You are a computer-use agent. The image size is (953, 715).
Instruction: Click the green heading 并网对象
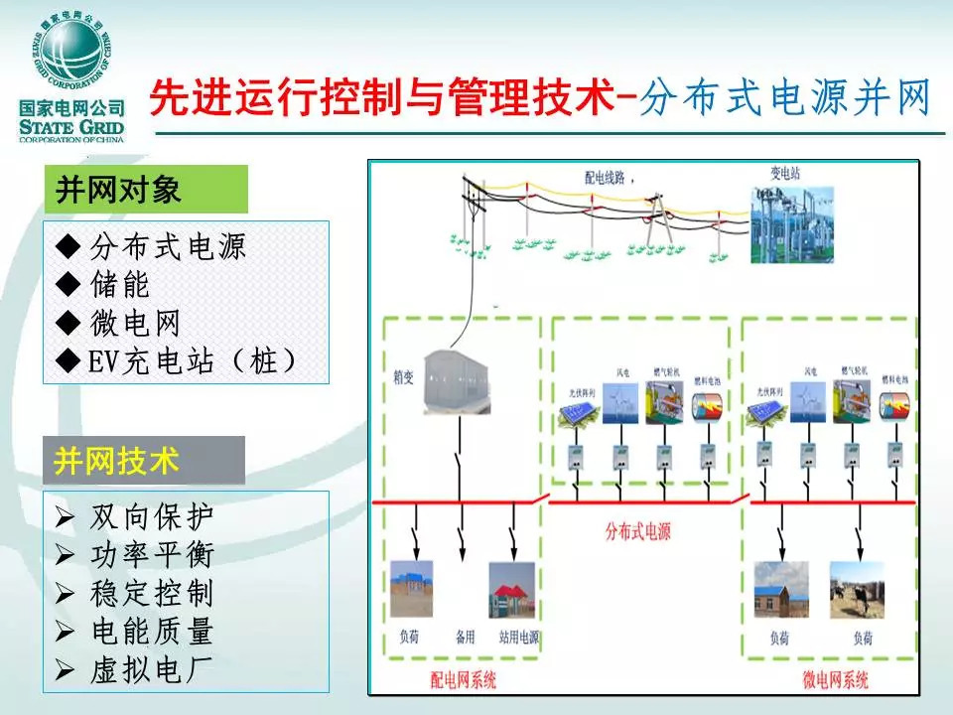coord(118,190)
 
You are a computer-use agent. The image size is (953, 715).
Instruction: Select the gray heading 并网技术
coord(117,461)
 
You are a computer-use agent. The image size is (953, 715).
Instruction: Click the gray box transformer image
coord(458,380)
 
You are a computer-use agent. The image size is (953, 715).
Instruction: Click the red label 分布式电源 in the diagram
coord(638,531)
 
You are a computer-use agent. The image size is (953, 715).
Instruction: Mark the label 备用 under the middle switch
coord(465,636)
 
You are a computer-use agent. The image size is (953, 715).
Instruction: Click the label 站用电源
coord(513,636)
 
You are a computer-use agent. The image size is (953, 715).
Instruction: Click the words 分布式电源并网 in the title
coord(785,100)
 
